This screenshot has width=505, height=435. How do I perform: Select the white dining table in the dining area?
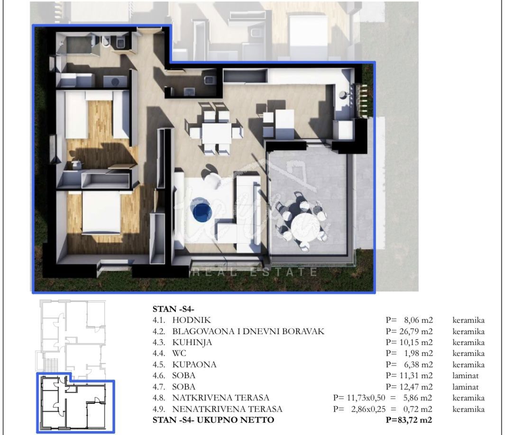[216, 134]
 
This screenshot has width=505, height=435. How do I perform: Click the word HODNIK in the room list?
[191, 320]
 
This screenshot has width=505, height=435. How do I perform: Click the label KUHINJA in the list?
[192, 342]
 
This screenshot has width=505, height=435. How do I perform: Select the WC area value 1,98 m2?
[418, 353]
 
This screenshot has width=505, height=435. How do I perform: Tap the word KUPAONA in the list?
[194, 364]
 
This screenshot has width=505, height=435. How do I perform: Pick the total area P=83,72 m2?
[409, 420]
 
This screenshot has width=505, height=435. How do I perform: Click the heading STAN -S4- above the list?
[173, 309]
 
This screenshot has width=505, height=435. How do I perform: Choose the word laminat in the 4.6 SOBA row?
[465, 375]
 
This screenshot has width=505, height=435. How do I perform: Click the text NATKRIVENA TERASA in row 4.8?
[220, 398]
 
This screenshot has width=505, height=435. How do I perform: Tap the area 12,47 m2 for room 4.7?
[416, 387]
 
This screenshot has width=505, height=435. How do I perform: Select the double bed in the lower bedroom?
[101, 212]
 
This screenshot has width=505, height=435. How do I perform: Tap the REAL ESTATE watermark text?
[255, 272]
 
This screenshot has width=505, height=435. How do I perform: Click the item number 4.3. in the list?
[159, 342]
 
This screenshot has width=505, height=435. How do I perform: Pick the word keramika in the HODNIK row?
[468, 320]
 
